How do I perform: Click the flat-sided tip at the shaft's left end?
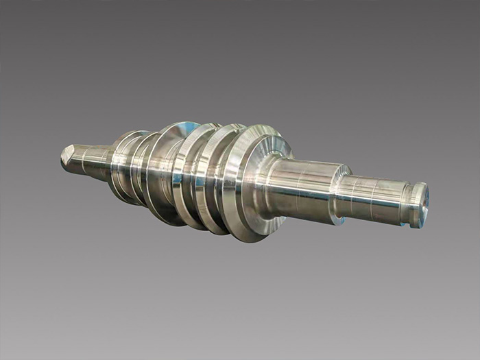69,157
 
